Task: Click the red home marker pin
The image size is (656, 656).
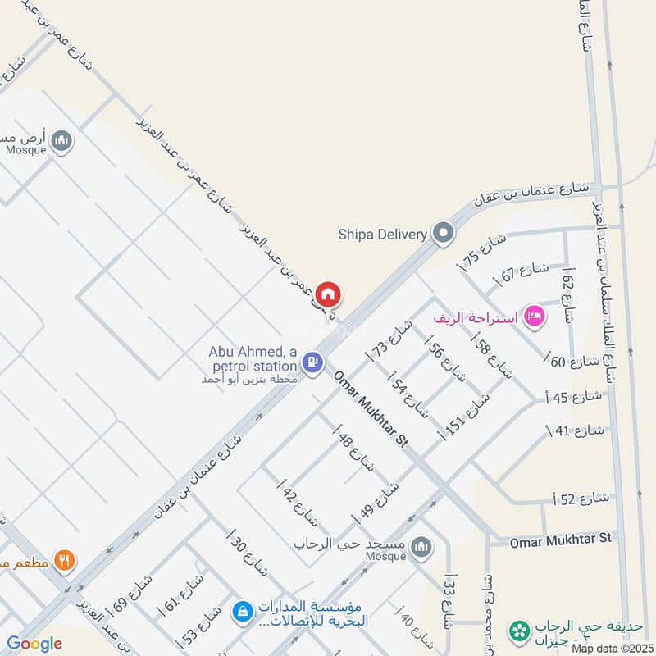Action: (x=328, y=294)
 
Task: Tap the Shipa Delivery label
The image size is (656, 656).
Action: (x=383, y=234)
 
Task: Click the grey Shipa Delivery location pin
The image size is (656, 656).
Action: (x=444, y=234)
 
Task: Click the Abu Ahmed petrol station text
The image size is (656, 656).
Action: (x=253, y=358)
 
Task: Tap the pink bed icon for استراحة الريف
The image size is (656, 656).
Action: (x=535, y=316)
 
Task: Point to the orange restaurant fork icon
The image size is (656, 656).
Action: (x=64, y=561)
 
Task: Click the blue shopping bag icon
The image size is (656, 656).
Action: (x=242, y=611)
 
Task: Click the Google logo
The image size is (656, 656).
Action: (x=34, y=644)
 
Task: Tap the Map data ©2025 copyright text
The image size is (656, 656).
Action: (x=611, y=648)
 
